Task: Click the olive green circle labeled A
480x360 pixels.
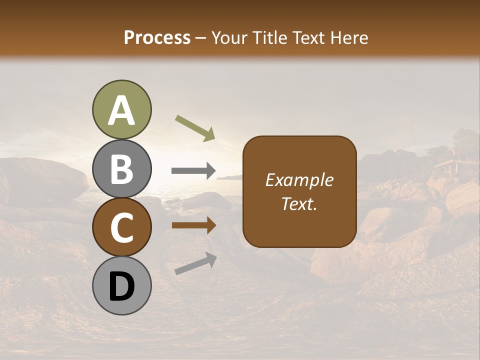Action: [121, 110]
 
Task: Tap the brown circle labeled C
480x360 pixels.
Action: [121, 227]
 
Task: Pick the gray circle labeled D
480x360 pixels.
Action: [121, 285]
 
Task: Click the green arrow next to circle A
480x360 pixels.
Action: [195, 128]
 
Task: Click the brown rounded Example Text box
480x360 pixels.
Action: [299, 191]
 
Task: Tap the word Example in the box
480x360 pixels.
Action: [299, 180]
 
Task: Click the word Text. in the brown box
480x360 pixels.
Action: [299, 203]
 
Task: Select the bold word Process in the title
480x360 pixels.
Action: [157, 37]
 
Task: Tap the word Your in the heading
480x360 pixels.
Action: [229, 37]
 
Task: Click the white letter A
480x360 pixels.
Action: [121, 110]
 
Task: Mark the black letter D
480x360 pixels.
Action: [121, 286]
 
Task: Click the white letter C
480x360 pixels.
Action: [121, 228]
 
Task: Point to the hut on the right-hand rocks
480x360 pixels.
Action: [449, 162]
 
